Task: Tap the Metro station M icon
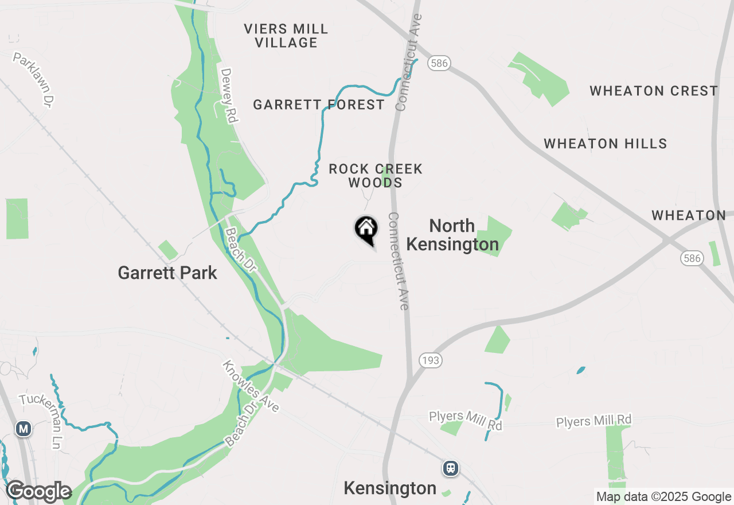(x=24, y=429)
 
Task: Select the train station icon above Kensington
(x=451, y=468)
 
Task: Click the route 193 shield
(x=430, y=360)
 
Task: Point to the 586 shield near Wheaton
(x=692, y=258)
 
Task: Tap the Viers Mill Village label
(x=286, y=36)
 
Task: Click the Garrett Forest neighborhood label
(x=319, y=104)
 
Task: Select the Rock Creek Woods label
(x=376, y=176)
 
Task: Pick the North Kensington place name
(x=452, y=235)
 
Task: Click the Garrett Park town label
(x=167, y=273)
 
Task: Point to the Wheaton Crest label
(x=654, y=91)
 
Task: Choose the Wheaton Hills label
(x=606, y=143)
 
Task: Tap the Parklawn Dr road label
(x=34, y=80)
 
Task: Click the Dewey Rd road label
(x=229, y=95)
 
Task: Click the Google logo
(x=38, y=492)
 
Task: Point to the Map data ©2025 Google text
(x=663, y=497)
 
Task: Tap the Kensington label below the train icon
(x=390, y=488)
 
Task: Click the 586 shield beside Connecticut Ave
(x=439, y=63)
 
